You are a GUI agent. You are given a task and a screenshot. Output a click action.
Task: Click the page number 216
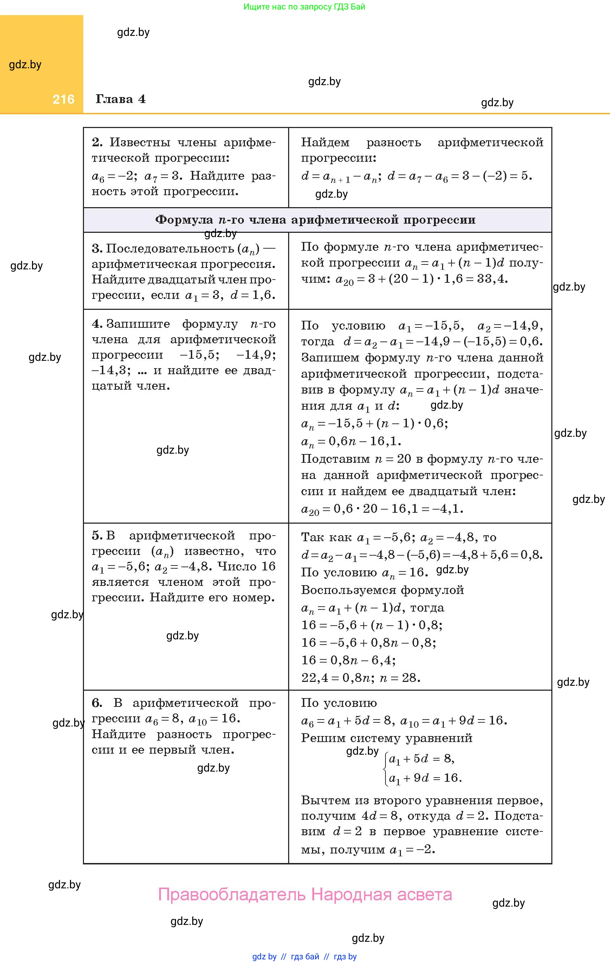tap(63, 100)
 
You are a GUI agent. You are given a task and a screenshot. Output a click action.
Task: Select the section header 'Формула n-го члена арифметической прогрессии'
tap(315, 219)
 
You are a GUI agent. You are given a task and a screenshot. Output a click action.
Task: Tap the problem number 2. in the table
tap(97, 142)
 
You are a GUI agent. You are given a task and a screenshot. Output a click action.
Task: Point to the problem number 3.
tap(97, 249)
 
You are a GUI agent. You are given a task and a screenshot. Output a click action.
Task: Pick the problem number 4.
tap(97, 324)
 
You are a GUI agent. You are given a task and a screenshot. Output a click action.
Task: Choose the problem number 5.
tap(97, 535)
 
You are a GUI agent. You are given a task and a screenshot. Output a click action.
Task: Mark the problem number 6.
tap(97, 703)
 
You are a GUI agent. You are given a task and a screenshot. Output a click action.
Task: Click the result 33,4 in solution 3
tap(492, 279)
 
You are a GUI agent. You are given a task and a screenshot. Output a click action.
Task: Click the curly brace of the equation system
tap(385, 768)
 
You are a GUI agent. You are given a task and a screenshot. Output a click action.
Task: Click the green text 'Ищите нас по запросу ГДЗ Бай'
tap(304, 7)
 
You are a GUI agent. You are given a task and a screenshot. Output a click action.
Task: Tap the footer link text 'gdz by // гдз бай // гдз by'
tap(304, 957)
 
